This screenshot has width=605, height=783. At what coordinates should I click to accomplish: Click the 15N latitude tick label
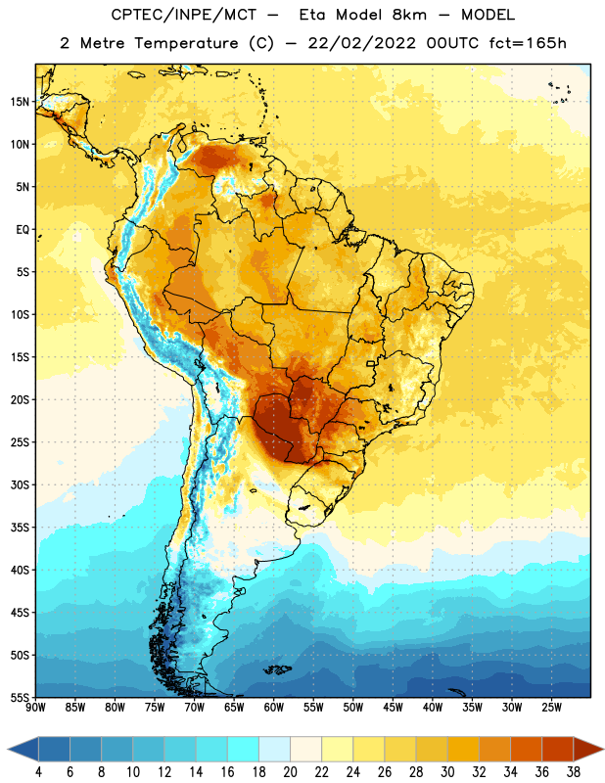coord(20,102)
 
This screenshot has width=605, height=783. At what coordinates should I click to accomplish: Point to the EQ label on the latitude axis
coord(23,230)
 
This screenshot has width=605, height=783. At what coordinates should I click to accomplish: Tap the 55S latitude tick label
coord(20,698)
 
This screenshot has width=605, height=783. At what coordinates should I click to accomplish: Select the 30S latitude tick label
coord(20,484)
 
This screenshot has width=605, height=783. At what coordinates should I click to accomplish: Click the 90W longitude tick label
coord(35,707)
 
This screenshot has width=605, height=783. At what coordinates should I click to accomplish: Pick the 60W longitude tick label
coord(274,707)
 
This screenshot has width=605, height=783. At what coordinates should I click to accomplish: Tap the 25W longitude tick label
coord(551,707)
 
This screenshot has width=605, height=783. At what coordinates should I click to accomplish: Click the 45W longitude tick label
coord(393,707)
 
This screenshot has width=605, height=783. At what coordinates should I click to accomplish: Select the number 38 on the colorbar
coord(574,772)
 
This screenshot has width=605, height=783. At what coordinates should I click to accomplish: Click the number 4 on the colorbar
coord(38,772)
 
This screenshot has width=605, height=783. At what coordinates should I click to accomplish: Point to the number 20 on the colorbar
coord(290,772)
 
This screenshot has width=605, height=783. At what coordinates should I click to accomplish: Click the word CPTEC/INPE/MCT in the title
coord(183,15)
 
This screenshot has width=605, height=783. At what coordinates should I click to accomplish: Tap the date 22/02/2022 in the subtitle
coord(361,43)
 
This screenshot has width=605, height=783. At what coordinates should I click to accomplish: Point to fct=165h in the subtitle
coord(528,43)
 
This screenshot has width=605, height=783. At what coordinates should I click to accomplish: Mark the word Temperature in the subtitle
coord(186,44)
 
